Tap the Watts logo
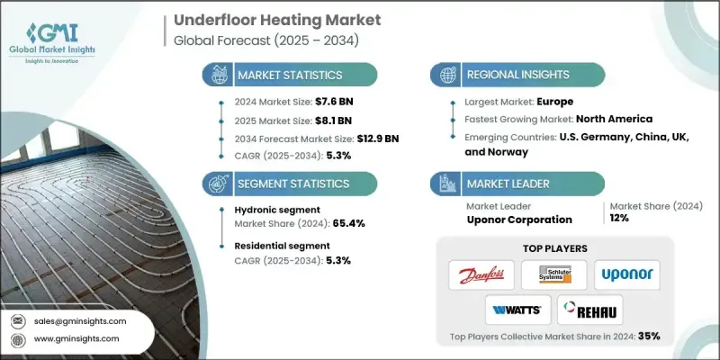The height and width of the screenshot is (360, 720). point(516,310)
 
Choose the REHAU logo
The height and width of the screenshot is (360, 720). point(589,310)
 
